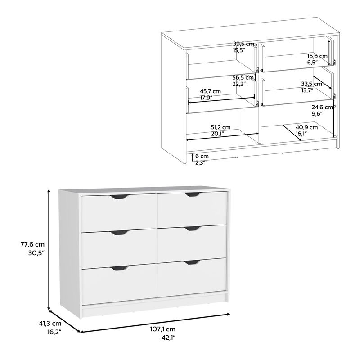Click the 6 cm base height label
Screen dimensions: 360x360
point(202,156)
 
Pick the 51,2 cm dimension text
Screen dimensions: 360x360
point(220,127)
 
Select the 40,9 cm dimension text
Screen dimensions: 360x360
point(306,127)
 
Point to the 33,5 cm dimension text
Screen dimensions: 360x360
point(311,84)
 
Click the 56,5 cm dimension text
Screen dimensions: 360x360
point(243,77)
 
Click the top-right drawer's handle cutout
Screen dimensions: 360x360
point(193,194)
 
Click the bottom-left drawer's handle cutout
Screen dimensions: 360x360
point(119,268)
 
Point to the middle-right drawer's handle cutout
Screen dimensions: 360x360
point(193,228)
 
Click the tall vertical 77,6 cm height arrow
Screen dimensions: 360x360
point(49,250)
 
